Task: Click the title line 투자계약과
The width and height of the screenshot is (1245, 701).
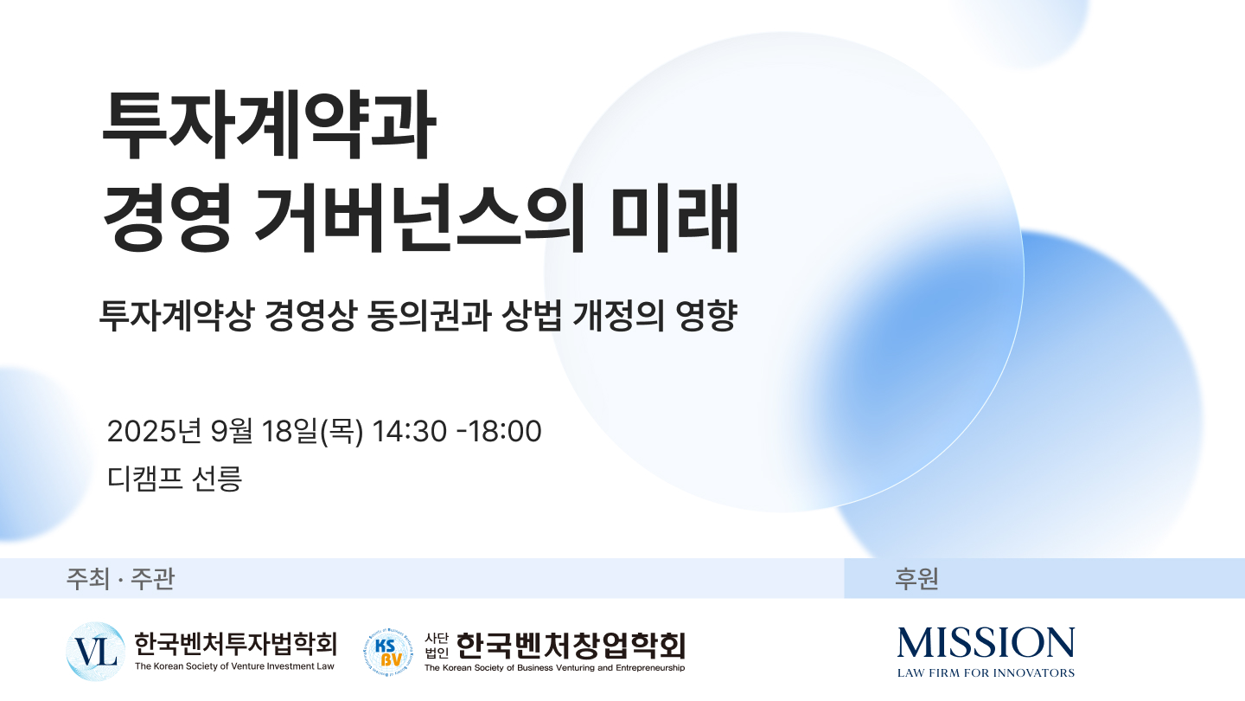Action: pyautogui.click(x=268, y=125)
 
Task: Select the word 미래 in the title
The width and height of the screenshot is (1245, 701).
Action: pyautogui.click(x=674, y=217)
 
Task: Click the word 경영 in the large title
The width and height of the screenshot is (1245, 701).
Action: pyautogui.click(x=168, y=217)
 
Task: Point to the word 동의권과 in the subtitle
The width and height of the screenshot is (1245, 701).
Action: pyautogui.click(x=429, y=316)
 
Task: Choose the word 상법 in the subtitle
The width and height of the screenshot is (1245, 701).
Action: pyautogui.click(x=532, y=316)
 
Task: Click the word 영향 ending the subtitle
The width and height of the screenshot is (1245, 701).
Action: pyautogui.click(x=705, y=316)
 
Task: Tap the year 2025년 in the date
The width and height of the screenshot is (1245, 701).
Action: pyautogui.click(x=153, y=431)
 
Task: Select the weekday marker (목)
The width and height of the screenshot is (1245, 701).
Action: pyautogui.click(x=342, y=431)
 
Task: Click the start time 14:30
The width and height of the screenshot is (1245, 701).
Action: pyautogui.click(x=410, y=431)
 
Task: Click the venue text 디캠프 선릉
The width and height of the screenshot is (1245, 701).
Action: pyautogui.click(x=175, y=479)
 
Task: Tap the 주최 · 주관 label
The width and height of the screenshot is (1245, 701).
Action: pyautogui.click(x=121, y=579)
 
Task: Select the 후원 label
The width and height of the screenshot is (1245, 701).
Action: pyautogui.click(x=916, y=579)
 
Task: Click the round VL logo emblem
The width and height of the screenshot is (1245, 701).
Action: pyautogui.click(x=96, y=652)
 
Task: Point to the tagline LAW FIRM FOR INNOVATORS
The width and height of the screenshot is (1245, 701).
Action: pyautogui.click(x=986, y=673)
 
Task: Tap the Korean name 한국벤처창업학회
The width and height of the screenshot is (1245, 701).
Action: pyautogui.click(x=571, y=646)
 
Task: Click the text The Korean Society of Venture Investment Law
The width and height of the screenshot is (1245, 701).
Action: pyautogui.click(x=234, y=666)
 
